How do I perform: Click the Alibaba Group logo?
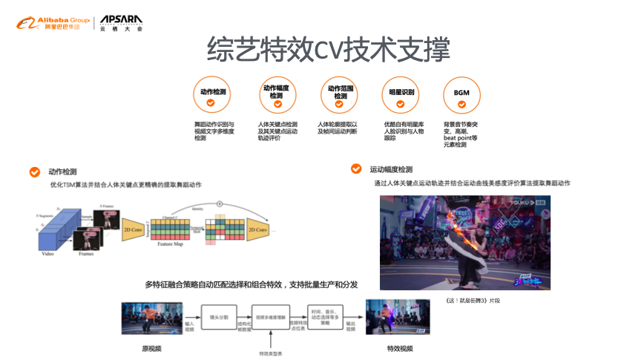(x=52, y=23)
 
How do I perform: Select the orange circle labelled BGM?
(x=461, y=96)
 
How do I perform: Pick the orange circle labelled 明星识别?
(x=401, y=96)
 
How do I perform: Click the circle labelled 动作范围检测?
(x=340, y=96)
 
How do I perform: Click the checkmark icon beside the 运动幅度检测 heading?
(x=356, y=169)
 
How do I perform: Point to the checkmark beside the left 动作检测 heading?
(x=34, y=171)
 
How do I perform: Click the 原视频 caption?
(x=151, y=348)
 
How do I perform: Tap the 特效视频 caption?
(x=400, y=348)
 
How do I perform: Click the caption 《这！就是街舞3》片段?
(x=471, y=300)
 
